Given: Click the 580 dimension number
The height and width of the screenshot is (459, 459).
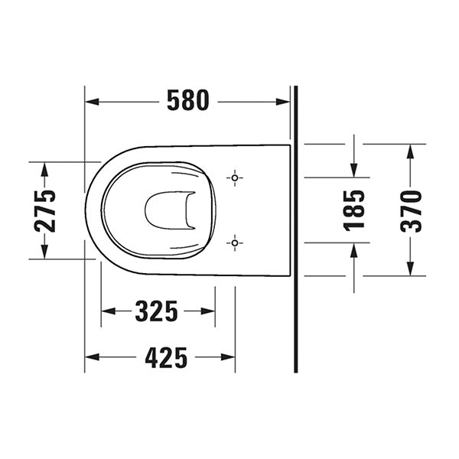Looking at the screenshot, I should pyautogui.click(x=187, y=101).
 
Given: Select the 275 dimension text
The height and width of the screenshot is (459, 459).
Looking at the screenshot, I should pyautogui.click(x=45, y=210).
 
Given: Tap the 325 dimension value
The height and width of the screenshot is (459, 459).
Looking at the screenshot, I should pyautogui.click(x=157, y=311).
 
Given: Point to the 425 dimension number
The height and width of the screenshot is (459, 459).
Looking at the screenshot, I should pyautogui.click(x=166, y=357).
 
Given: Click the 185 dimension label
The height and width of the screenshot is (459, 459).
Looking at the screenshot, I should pyautogui.click(x=353, y=210).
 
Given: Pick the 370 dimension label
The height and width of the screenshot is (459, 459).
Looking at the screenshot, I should pyautogui.click(x=411, y=210).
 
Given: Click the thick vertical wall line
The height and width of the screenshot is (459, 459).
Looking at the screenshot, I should pyautogui.click(x=295, y=229).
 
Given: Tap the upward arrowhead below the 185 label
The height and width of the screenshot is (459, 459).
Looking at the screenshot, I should pyautogui.click(x=353, y=249).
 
